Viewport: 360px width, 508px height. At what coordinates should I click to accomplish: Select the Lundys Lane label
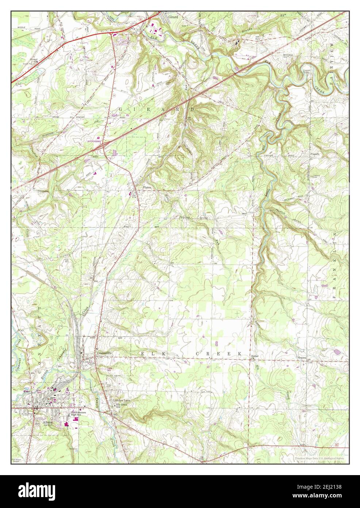pyautogui.click(x=121, y=401)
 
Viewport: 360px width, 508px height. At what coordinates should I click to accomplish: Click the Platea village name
pyautogui.click(x=146, y=187)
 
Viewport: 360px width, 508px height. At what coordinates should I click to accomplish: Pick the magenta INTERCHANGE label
pyautogui.click(x=93, y=140)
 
